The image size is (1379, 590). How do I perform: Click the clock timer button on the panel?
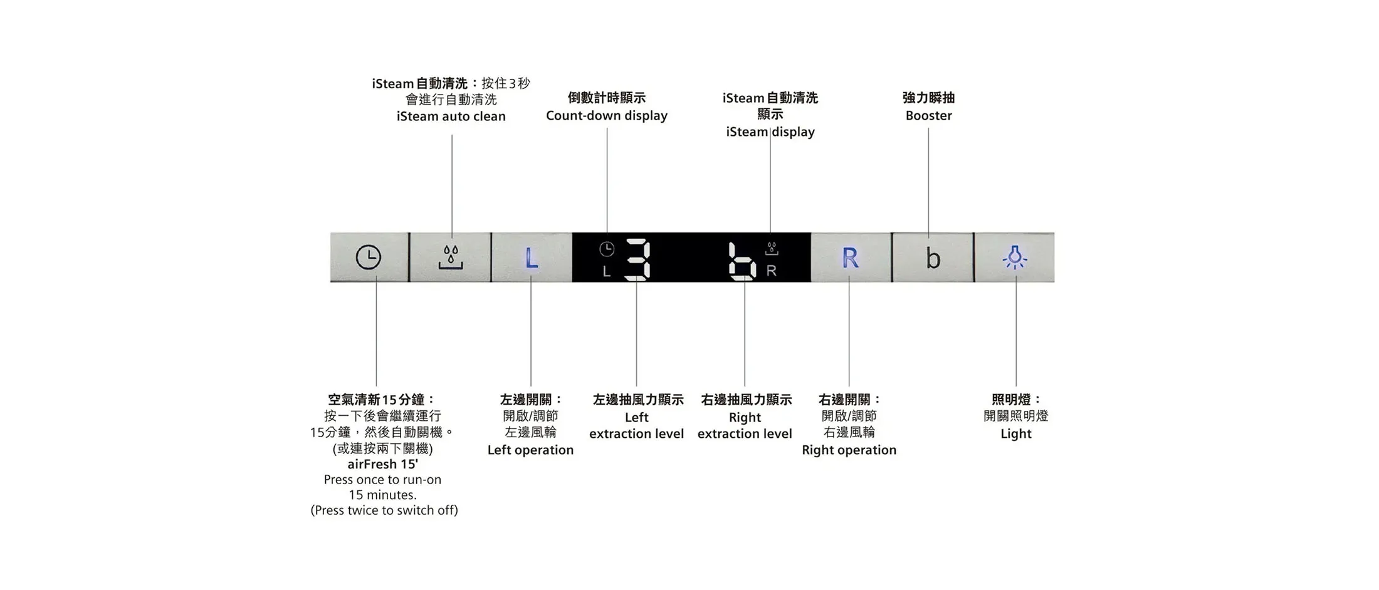coord(369,257)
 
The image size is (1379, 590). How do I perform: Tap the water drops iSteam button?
coord(451,257)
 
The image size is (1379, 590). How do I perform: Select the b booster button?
coord(933,257)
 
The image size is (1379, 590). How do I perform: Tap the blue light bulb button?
coord(1015,257)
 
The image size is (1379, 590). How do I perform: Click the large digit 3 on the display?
coord(638,259)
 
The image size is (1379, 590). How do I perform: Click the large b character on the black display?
coord(742,261)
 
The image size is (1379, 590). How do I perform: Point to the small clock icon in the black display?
coord(607,249)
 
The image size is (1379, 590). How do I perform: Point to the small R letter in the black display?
coord(772,271)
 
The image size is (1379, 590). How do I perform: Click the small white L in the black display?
coord(606,271)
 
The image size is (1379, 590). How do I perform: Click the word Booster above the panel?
coord(928,115)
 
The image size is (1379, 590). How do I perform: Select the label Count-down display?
coord(607,116)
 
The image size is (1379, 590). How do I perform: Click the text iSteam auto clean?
coord(451,116)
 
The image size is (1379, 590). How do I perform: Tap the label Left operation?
coord(530,450)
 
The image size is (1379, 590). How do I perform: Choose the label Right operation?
coord(849,450)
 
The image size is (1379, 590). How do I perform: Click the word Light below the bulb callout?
coord(1015,433)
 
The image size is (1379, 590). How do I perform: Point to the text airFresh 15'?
coord(382,464)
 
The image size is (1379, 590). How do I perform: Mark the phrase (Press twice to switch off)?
coord(384,510)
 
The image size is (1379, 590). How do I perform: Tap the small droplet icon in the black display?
coord(772,249)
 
